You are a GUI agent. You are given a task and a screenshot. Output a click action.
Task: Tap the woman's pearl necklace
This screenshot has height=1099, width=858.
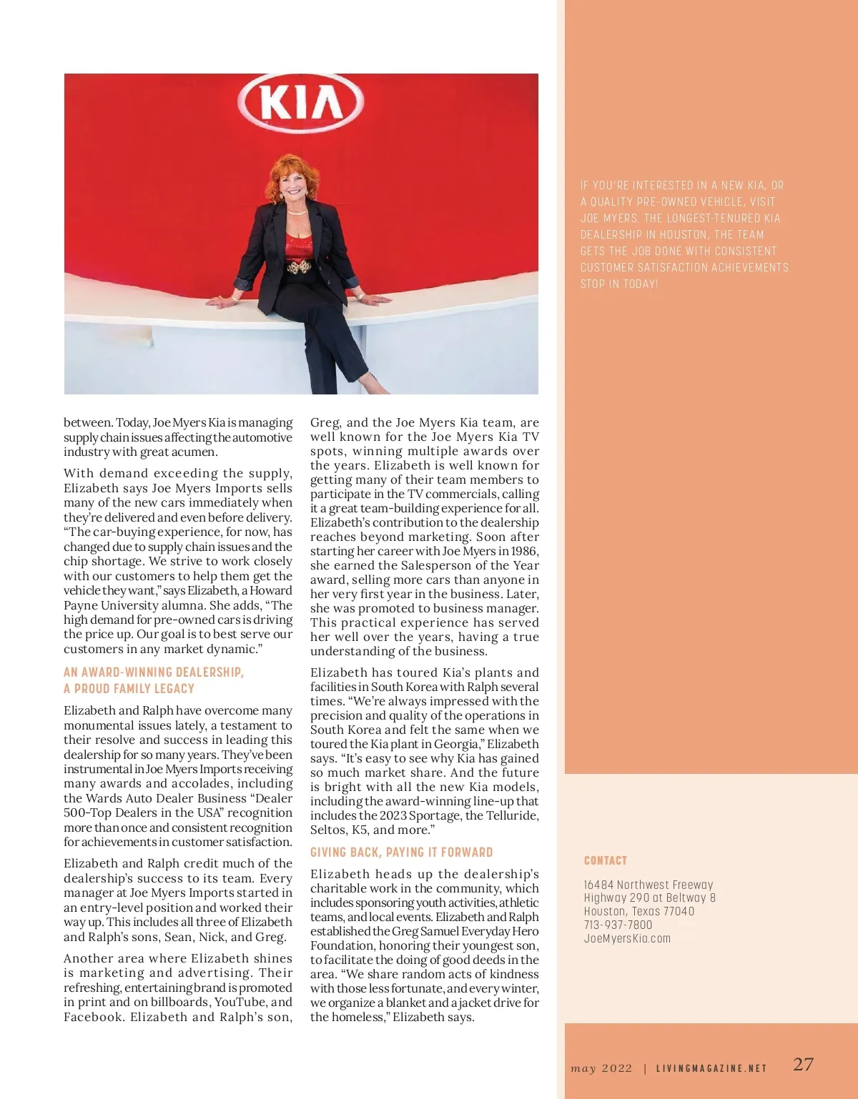[296, 212]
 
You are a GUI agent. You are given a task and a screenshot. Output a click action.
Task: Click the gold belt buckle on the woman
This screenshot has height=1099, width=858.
[299, 267]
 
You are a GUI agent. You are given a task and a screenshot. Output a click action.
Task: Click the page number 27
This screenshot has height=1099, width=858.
[803, 1064]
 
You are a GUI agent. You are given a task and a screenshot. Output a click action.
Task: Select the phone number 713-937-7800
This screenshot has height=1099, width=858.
[618, 925]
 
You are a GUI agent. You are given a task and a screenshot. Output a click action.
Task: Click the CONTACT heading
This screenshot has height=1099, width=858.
[605, 860]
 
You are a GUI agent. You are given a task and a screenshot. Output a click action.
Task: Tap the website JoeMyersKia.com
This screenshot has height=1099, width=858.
[627, 938]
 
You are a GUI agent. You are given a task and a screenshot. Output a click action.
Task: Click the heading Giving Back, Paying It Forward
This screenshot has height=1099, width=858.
[401, 852]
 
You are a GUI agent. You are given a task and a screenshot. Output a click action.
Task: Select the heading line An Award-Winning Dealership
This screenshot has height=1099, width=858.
[154, 672]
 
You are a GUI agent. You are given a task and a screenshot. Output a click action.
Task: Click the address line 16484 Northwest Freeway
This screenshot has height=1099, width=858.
[648, 885]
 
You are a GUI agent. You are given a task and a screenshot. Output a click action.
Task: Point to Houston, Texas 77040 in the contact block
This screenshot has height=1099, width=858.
[638, 911]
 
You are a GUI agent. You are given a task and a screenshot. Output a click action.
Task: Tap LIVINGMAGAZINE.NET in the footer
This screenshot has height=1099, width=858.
[711, 1068]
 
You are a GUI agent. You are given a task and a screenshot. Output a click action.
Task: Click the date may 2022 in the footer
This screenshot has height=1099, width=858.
[601, 1068]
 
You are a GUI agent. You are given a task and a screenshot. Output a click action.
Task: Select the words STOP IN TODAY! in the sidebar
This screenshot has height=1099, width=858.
[619, 284]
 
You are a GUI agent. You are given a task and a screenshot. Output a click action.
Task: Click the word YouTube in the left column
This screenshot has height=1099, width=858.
[240, 1002]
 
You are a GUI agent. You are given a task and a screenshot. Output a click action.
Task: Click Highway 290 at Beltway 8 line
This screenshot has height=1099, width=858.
[649, 897]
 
